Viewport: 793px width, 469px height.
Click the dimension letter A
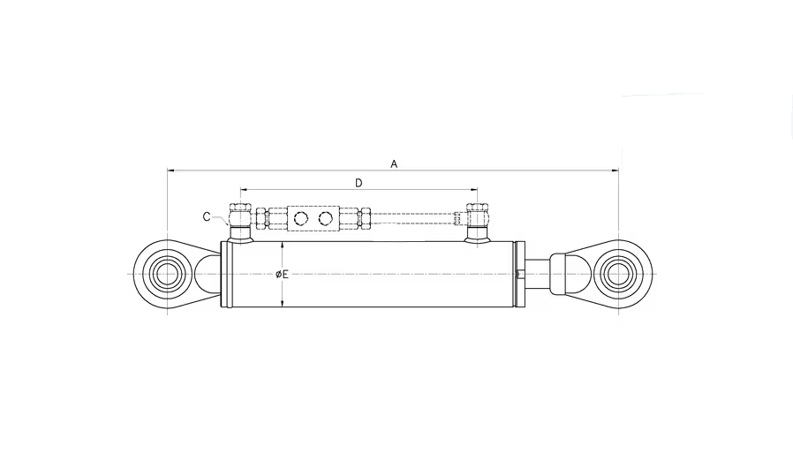(394, 164)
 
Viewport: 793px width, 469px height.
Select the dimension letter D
(359, 183)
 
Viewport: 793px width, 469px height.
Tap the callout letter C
(207, 217)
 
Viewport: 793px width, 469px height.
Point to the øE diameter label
(283, 274)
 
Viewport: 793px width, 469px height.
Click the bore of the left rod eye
(167, 274)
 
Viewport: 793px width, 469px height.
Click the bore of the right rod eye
(618, 274)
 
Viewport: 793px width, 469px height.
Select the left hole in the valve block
(301, 218)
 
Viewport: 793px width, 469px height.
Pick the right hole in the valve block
(326, 218)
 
